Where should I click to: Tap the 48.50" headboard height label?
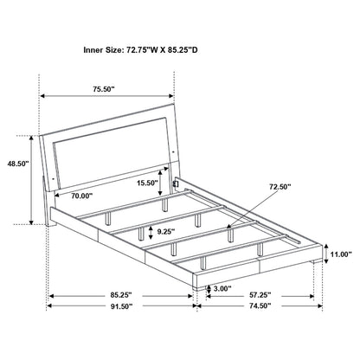pos(17,162)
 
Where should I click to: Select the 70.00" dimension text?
pos(83,196)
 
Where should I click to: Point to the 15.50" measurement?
pos(146,183)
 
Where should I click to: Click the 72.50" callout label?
pos(280,186)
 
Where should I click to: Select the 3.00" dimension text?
pos(220,288)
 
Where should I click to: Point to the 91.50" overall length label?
pos(120,305)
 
